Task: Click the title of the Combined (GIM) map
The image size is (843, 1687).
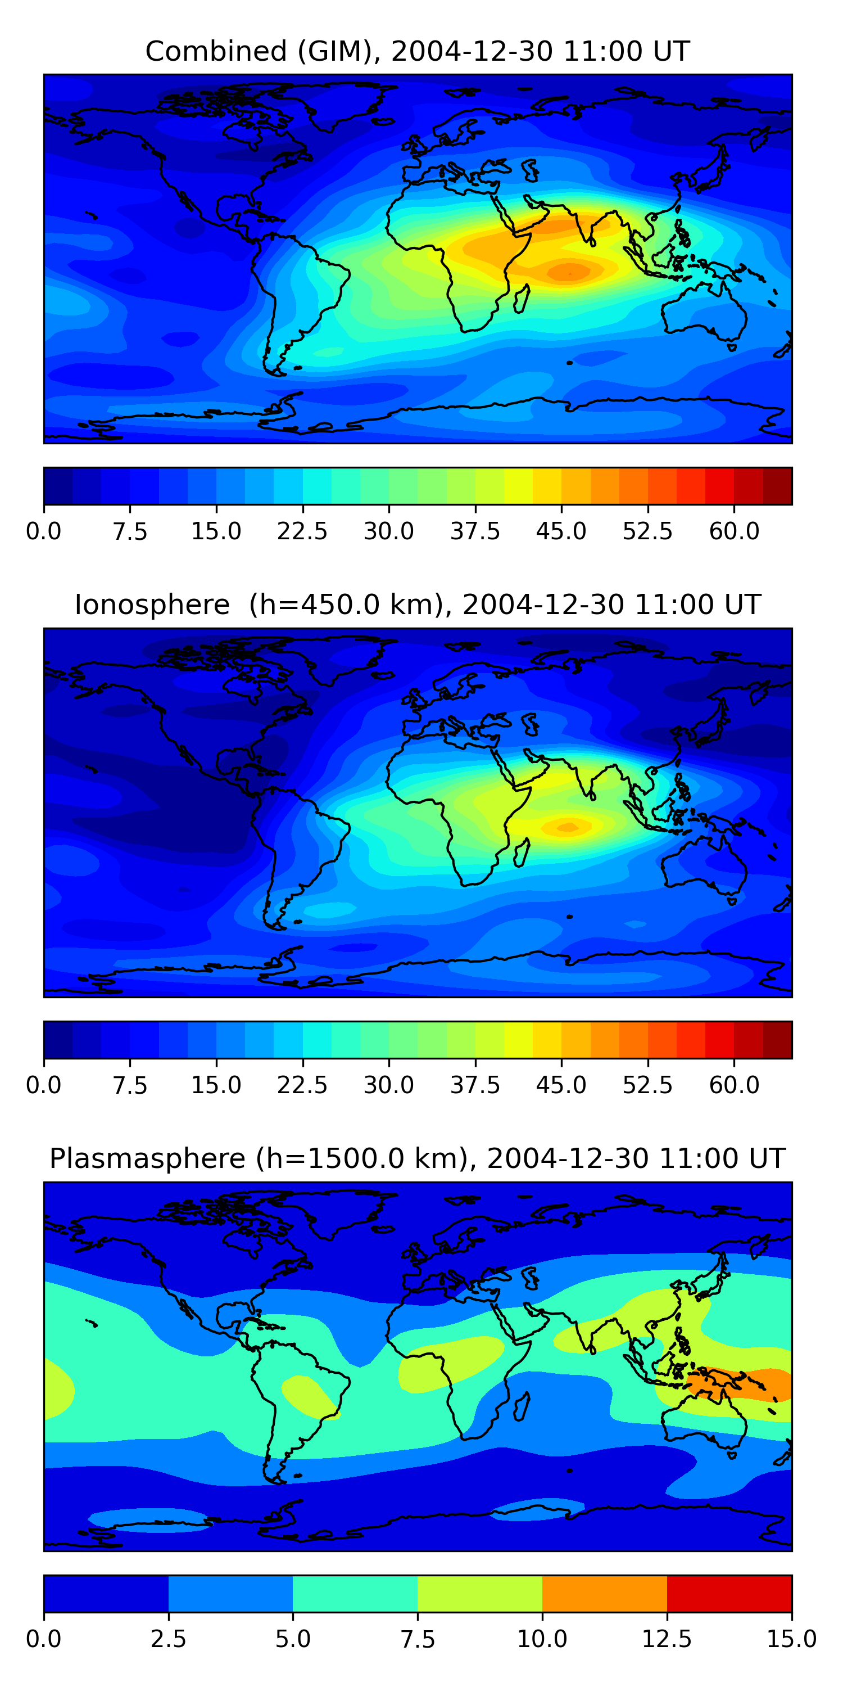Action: pyautogui.click(x=418, y=51)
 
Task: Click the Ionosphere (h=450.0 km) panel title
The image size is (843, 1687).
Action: pyautogui.click(x=418, y=605)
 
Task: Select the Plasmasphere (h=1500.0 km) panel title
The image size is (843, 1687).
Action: pyautogui.click(x=418, y=1158)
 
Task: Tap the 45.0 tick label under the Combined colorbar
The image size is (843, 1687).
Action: pyautogui.click(x=561, y=531)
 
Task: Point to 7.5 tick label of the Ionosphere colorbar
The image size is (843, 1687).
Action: pyautogui.click(x=130, y=1085)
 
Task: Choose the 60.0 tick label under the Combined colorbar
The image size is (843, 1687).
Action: pyautogui.click(x=734, y=531)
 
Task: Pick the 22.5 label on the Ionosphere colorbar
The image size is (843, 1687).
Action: pyautogui.click(x=302, y=1085)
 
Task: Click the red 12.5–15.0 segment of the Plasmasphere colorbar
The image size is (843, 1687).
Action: pyautogui.click(x=729, y=1593)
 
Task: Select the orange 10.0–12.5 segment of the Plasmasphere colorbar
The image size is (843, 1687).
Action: pyautogui.click(x=604, y=1593)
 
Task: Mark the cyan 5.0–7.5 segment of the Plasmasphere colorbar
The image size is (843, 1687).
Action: pyautogui.click(x=355, y=1593)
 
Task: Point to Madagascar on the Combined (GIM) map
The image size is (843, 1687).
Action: pyautogui.click(x=522, y=299)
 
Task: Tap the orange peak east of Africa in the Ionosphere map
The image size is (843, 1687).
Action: pyautogui.click(x=567, y=827)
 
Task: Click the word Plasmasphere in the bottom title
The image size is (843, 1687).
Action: pyautogui.click(x=147, y=1158)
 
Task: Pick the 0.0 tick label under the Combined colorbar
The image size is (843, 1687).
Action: pyautogui.click(x=44, y=531)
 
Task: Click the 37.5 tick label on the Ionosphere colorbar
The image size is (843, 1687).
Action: pyautogui.click(x=474, y=1085)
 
